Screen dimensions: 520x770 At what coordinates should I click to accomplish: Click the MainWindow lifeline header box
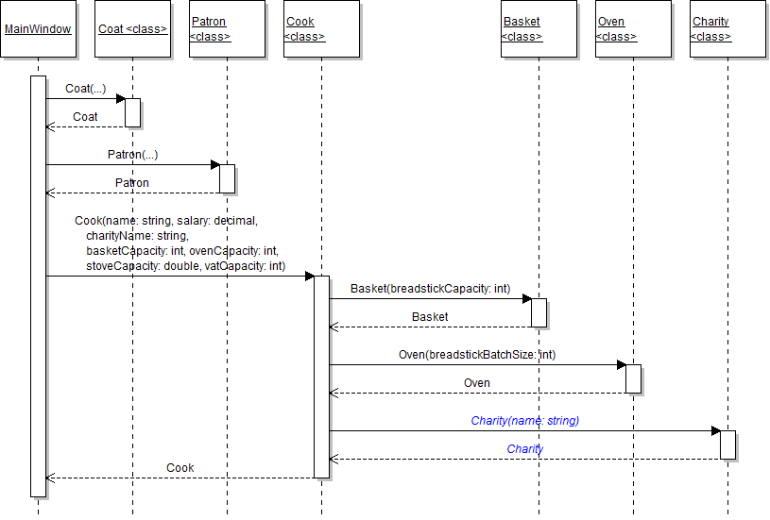pos(38,29)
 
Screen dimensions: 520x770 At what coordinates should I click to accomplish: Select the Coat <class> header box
pos(132,29)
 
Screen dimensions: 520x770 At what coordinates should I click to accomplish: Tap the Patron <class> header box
pos(227,29)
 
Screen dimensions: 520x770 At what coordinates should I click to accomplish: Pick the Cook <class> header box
pos(321,29)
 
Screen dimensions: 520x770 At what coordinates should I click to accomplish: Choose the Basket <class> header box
pos(539,29)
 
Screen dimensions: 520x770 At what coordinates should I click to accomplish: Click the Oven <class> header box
pos(633,29)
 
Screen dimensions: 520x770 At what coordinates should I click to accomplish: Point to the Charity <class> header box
pos(727,29)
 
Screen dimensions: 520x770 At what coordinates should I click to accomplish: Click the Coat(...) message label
pos(85,89)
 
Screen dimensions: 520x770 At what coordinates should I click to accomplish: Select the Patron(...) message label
pos(132,155)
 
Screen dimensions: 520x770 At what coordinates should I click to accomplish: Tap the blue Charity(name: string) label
pos(524,421)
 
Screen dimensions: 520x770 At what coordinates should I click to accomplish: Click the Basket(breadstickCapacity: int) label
pos(430,288)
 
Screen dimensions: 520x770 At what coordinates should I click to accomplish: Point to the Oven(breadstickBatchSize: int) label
pos(477,355)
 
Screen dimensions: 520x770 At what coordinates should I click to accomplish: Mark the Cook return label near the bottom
pos(180,468)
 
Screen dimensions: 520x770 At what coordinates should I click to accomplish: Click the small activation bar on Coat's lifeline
pos(132,112)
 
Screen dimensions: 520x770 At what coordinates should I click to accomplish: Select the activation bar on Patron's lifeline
pos(227,178)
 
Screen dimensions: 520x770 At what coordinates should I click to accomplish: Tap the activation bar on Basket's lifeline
pos(539,312)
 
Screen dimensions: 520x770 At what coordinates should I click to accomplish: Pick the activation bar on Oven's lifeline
pos(633,378)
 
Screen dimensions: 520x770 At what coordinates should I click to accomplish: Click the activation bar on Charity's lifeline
pos(727,445)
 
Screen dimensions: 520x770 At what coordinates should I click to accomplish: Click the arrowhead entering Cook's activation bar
pos(309,277)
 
